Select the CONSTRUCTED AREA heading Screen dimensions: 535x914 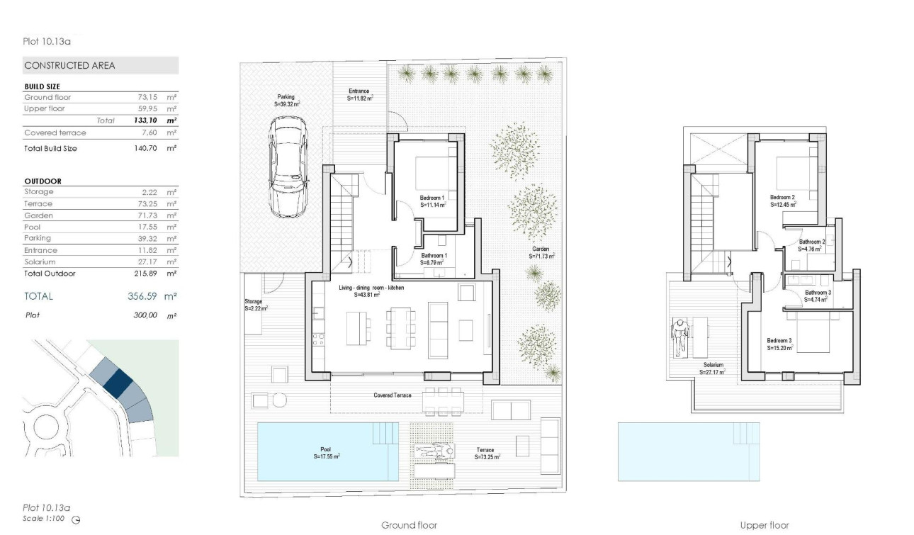pyautogui.click(x=69, y=65)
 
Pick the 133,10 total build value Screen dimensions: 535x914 pyautogui.click(x=145, y=120)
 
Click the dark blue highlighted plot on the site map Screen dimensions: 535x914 pyautogui.click(x=118, y=383)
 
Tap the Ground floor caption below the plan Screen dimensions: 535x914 pyautogui.click(x=409, y=525)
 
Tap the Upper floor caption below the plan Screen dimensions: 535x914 pyautogui.click(x=764, y=525)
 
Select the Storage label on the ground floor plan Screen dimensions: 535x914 pyautogui.click(x=254, y=301)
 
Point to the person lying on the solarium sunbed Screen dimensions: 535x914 pyautogui.click(x=680, y=337)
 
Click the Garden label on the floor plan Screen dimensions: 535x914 pyautogui.click(x=542, y=249)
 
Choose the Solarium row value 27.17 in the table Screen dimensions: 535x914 pyautogui.click(x=153, y=261)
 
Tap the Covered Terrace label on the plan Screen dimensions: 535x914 pyautogui.click(x=393, y=395)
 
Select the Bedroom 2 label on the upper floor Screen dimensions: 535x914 pyautogui.click(x=782, y=197)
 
